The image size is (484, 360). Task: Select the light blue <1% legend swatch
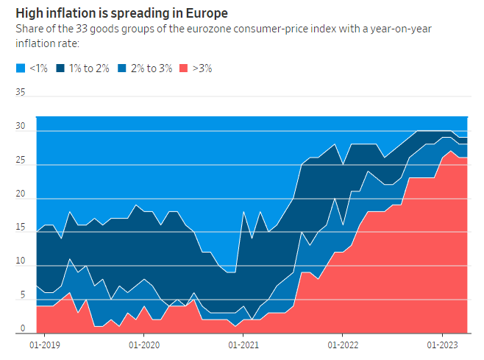(20, 68)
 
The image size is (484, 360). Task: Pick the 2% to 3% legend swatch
(123, 68)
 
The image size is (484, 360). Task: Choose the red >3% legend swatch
(185, 68)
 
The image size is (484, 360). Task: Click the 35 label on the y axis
(20, 93)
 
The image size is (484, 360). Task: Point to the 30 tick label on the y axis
(20, 127)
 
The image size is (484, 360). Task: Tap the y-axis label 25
(20, 160)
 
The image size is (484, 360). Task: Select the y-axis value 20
(20, 195)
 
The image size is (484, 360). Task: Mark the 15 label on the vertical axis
(20, 229)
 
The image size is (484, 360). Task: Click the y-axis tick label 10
(20, 262)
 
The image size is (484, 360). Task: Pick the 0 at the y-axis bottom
(23, 329)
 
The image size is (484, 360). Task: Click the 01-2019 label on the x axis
(44, 345)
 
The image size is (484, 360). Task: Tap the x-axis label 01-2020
(144, 345)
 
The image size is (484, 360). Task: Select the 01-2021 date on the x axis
(243, 345)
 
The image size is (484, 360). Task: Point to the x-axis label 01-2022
(342, 345)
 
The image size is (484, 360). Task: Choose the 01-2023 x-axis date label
(441, 345)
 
